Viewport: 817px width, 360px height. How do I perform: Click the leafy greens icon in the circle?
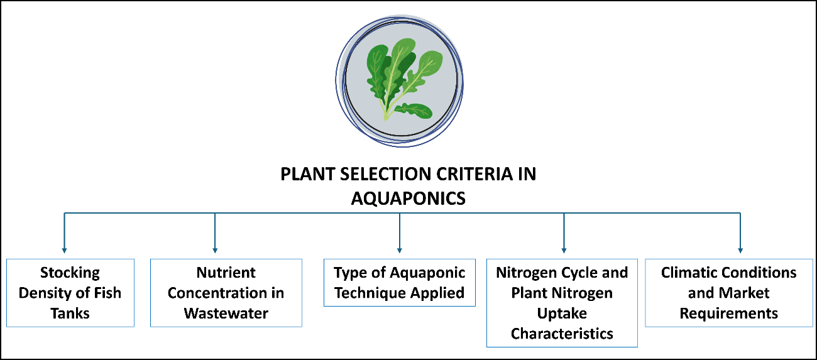[x=402, y=79]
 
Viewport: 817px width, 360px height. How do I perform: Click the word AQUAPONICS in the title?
[x=408, y=199]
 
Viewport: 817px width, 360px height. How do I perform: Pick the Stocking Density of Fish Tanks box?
[x=70, y=293]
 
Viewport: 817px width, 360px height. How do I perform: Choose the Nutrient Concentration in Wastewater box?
[x=226, y=293]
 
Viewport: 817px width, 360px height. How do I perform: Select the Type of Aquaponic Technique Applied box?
[x=400, y=283]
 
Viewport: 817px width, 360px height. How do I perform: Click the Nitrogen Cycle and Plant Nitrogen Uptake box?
[x=562, y=303]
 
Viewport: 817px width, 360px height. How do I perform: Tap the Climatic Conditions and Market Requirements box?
[x=729, y=293]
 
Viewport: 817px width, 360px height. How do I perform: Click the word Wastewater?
[x=226, y=313]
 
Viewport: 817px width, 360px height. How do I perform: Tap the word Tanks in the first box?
[x=70, y=313]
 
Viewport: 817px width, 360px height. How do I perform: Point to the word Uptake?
[x=562, y=313]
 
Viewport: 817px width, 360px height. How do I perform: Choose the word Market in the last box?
[x=745, y=293]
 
